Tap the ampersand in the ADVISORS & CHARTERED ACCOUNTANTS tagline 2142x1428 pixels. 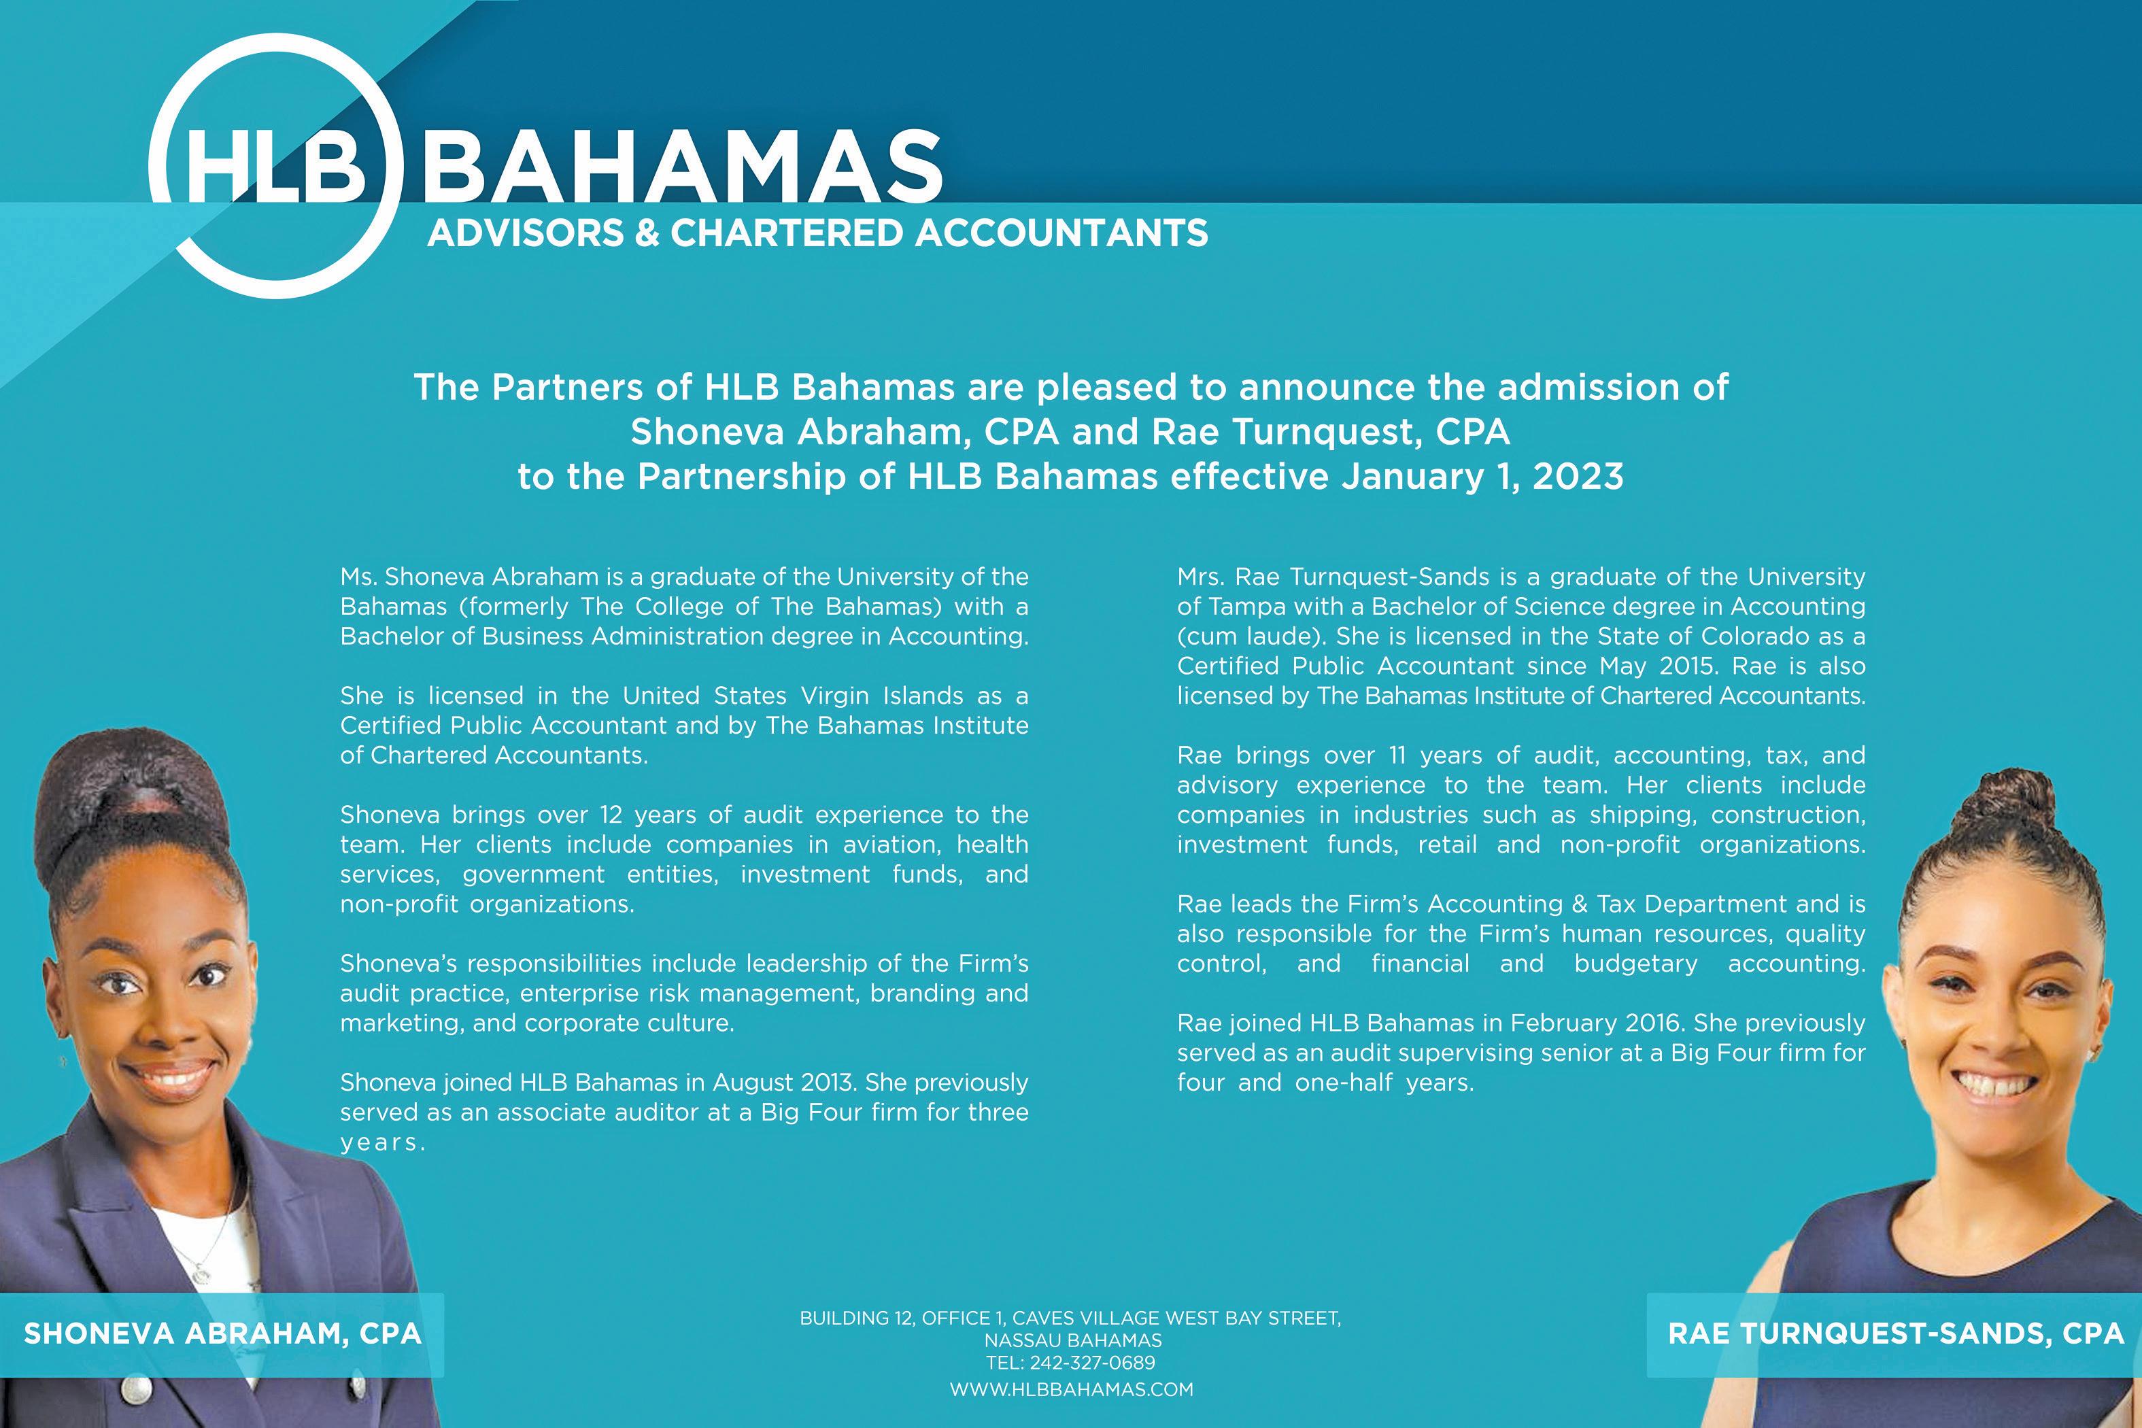pos(647,233)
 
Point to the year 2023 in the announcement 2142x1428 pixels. pos(1578,476)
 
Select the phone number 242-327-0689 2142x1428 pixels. pos(1092,1363)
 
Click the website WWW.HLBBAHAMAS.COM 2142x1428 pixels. pos(1071,1389)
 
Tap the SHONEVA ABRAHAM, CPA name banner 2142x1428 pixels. pos(222,1333)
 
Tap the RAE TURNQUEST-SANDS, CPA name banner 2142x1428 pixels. pos(1895,1333)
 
